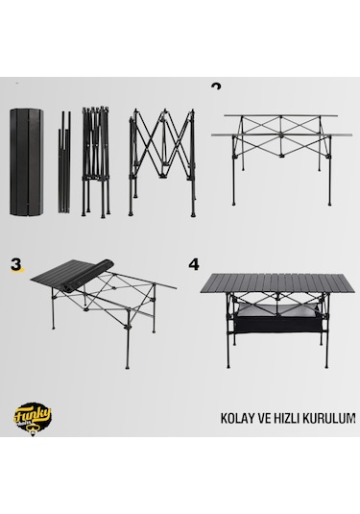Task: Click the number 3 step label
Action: [15, 261]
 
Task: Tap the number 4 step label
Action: [196, 261]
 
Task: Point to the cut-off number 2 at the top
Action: [216, 86]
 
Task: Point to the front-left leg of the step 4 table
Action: [226, 336]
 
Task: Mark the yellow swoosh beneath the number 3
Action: [15, 273]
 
